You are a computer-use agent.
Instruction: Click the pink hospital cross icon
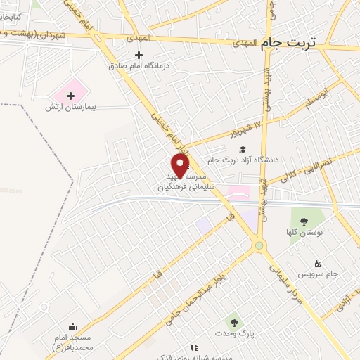coord(71,95)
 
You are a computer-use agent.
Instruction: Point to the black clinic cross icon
coord(138,55)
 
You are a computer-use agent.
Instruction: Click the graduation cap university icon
coord(243,149)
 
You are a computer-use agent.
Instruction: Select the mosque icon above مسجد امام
coord(73,326)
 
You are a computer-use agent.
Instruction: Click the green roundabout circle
coord(261,245)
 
